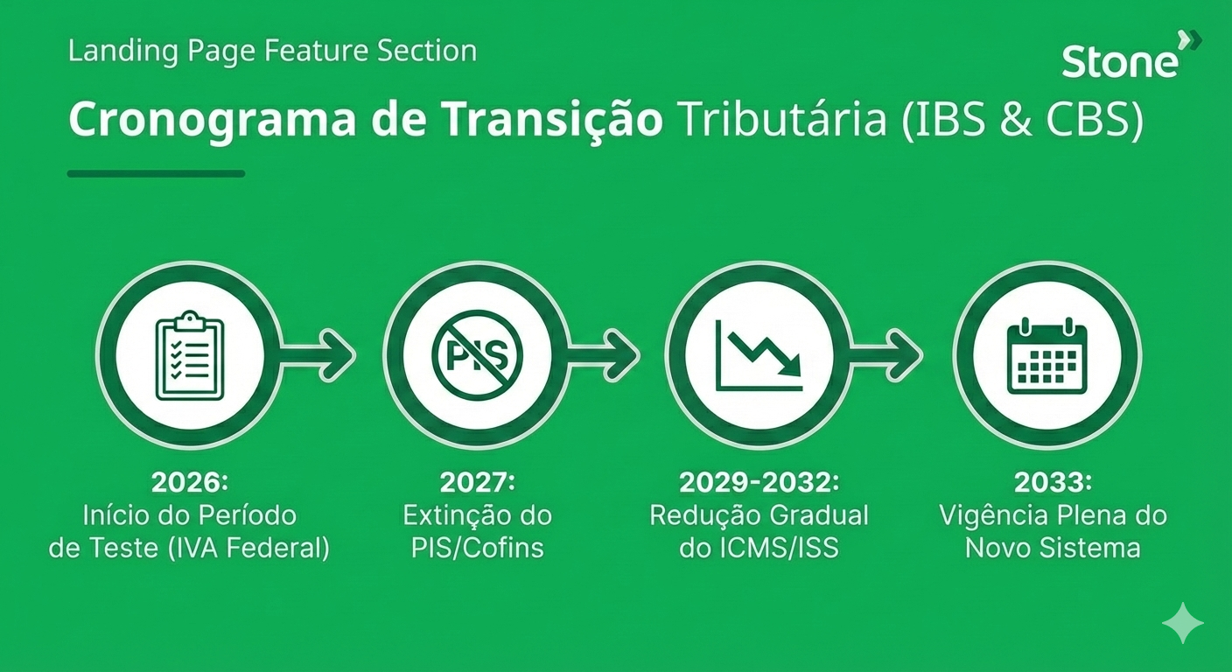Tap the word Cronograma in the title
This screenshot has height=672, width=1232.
click(213, 121)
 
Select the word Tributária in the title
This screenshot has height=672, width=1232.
click(783, 119)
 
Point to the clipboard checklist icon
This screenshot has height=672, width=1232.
click(190, 355)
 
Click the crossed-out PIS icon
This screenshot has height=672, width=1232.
click(478, 355)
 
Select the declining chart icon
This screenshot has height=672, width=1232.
click(759, 356)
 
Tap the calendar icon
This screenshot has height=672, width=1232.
click(1047, 356)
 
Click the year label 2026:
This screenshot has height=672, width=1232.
click(190, 482)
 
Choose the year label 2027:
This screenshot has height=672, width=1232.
click(478, 482)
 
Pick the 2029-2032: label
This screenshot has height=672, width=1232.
click(759, 482)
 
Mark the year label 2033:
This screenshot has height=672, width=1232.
click(1053, 482)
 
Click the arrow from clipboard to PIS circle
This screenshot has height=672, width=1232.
click(318, 355)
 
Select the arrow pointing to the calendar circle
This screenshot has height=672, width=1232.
click(885, 355)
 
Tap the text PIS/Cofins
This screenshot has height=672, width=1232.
click(478, 548)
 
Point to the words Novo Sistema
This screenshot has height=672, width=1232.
click(1053, 548)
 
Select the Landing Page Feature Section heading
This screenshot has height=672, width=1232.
click(272, 51)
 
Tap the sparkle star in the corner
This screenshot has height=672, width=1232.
click(1182, 623)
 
